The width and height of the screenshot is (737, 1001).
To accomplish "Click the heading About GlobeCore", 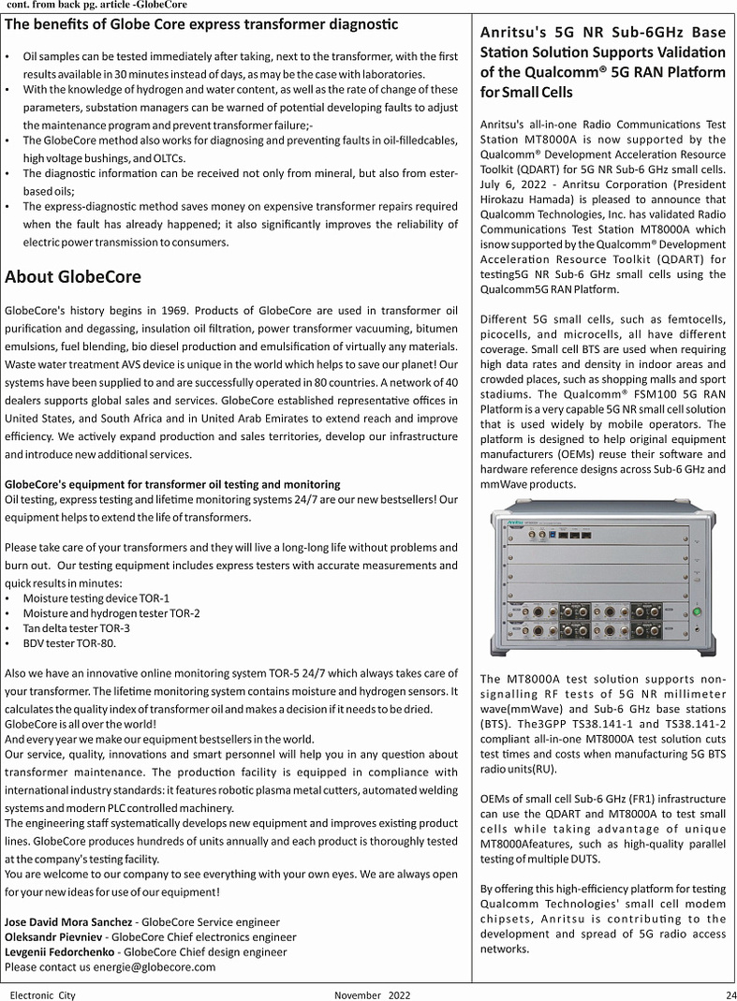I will pyautogui.click(x=73, y=276).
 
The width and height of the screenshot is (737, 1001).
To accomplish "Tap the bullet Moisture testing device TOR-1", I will pyautogui.click(x=96, y=597).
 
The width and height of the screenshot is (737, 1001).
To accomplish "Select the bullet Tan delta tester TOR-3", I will pyautogui.click(x=77, y=628).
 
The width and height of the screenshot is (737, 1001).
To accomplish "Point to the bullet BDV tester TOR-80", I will pyautogui.click(x=70, y=643).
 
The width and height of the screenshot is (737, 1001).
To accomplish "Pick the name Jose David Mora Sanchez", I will pyautogui.click(x=68, y=922).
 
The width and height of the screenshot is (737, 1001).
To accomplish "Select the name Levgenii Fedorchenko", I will pyautogui.click(x=61, y=952).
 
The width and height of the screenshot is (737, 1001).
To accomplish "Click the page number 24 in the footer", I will pyautogui.click(x=730, y=994).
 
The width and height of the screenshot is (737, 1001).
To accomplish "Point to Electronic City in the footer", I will pyautogui.click(x=43, y=994).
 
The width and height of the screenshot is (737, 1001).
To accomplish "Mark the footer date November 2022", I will pyautogui.click(x=372, y=994).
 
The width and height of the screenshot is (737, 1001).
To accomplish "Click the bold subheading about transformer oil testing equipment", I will pyautogui.click(x=172, y=484).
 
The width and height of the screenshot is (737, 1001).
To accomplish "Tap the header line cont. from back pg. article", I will pyautogui.click(x=96, y=5).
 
